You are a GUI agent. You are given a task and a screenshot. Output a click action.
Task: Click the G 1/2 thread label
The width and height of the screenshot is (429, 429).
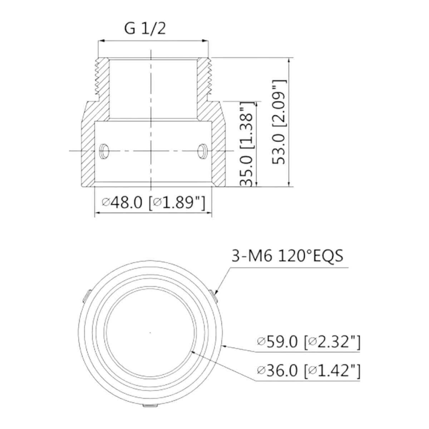[145, 29]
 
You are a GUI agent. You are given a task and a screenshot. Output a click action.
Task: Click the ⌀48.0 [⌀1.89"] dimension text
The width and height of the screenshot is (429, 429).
[153, 203]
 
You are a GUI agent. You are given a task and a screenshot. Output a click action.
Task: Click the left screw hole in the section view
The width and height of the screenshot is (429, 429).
[103, 151]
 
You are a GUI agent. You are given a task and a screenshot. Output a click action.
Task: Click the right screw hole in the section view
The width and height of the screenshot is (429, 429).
[202, 151]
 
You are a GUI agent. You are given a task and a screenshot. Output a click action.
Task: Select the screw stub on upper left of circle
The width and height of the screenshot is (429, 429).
[85, 296]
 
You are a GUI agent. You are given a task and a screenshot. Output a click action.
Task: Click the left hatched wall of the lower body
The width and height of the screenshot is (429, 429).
[88, 150]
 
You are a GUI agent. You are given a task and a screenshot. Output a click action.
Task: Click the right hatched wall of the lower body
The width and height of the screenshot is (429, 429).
[218, 150]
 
